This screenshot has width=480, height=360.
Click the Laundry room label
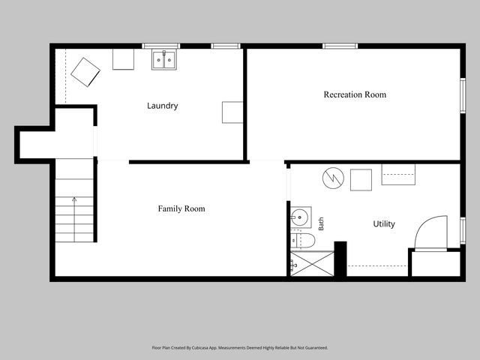point(162,106)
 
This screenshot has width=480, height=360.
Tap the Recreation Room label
point(355,94)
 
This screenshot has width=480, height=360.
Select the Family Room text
point(181,208)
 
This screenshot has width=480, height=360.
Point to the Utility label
point(384,223)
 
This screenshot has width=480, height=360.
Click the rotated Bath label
point(321,223)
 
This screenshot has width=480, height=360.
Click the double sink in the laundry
point(164,60)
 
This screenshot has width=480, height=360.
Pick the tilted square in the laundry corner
point(85,72)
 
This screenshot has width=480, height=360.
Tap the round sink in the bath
point(301,217)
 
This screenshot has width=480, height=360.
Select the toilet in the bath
point(302,240)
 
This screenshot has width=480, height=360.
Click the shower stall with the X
point(312,263)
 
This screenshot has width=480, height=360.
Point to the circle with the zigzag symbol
point(333,178)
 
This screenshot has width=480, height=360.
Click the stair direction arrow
point(74,220)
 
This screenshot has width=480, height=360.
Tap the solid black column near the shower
point(340,259)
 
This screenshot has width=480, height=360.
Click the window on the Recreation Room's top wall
point(340,46)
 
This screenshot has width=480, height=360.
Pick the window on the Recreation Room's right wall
point(463,95)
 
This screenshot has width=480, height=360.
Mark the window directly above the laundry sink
point(161,46)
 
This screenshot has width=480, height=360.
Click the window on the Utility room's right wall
point(463,230)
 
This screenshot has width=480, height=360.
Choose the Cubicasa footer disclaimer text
point(240,348)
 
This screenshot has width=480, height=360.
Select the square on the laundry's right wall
point(232,112)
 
